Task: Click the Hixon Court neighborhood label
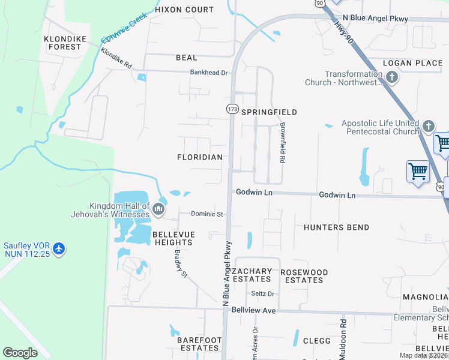pos(184,10)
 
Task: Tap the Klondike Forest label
pos(62,43)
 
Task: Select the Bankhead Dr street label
pos(209,73)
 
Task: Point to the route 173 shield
pos(232,109)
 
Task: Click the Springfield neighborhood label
pos(269,112)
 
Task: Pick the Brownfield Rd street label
pos(282,143)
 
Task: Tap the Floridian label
pos(200,157)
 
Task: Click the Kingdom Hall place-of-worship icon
pos(158,209)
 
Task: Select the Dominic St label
pos(207,214)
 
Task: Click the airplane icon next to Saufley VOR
pos(58,248)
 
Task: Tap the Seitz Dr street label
pos(262,293)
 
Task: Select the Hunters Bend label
pos(336,227)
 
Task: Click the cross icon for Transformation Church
pos(392,77)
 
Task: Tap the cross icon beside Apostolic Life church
pos(428,127)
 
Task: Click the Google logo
pos(20,353)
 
